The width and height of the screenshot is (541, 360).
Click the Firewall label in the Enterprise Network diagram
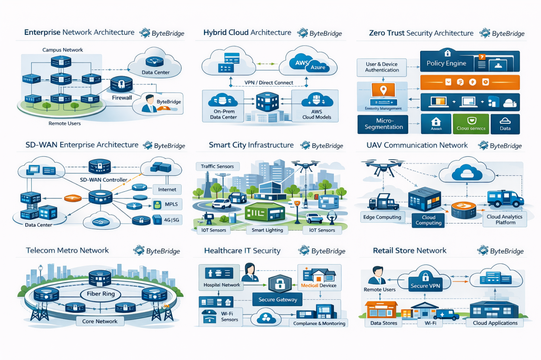pos(122,98)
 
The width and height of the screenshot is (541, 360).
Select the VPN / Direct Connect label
pos(269,83)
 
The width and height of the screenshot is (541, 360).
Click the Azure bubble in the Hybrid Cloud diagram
pos(318,67)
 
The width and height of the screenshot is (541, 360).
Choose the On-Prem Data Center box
pos(223,106)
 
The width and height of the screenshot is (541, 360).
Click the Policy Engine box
pos(446,63)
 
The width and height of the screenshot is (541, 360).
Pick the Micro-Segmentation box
pos(383,124)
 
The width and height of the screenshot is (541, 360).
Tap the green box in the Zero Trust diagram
pos(471,124)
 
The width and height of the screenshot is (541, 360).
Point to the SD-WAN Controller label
pos(103,180)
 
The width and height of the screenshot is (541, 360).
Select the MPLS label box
pos(168,204)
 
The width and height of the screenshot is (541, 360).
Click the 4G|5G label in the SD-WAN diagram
pos(168,220)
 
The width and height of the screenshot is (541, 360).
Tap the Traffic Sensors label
pos(217,166)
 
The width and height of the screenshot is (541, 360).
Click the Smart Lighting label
pos(267,230)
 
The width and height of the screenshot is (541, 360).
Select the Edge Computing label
pos(382,217)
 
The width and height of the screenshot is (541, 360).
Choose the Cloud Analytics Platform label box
pos(505,219)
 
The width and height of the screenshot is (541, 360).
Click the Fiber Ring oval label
pos(101,294)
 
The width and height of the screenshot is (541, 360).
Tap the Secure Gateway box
pos(277,299)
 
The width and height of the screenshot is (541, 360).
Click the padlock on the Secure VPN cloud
pos(425,276)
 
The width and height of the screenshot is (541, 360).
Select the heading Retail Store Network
pos(410,251)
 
